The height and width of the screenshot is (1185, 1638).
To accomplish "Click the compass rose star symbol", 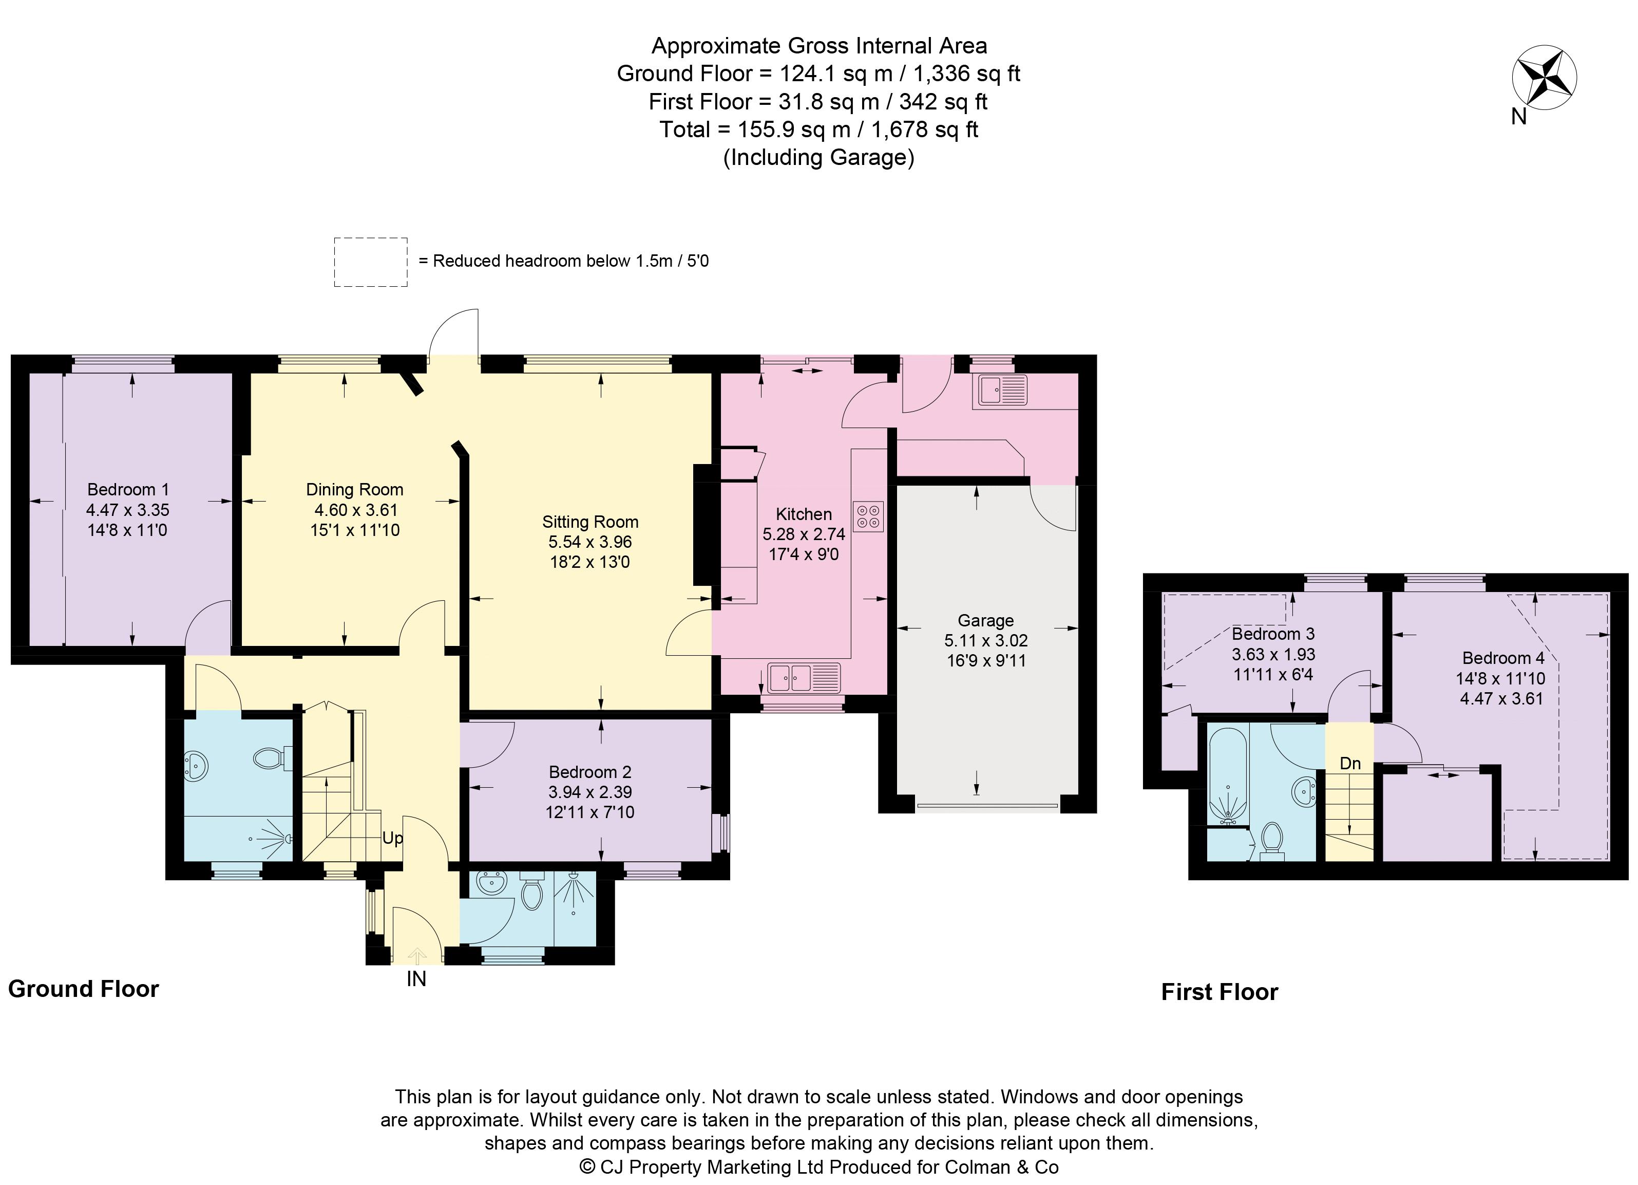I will click(1544, 79).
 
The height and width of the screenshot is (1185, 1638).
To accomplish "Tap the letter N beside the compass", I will click(1519, 116).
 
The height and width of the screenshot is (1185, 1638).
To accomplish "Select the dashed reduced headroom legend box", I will click(371, 262).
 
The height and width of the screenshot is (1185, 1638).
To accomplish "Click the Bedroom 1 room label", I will click(128, 489).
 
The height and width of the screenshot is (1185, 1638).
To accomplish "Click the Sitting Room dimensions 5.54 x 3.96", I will click(590, 542).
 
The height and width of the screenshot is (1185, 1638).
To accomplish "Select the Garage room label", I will click(985, 620).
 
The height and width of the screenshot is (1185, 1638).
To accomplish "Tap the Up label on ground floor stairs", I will click(392, 838).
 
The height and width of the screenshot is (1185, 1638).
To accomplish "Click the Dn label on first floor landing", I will click(1350, 763).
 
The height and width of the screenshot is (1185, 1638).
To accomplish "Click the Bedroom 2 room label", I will click(589, 772).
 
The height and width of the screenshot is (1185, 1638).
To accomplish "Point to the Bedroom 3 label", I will click(1272, 634).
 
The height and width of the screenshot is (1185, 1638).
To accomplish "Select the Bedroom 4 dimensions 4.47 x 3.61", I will click(1501, 699).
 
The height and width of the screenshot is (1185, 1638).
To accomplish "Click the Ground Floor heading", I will click(83, 989).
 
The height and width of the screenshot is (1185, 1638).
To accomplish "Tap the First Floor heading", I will click(1219, 992).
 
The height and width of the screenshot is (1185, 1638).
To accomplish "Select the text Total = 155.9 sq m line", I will click(818, 129).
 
